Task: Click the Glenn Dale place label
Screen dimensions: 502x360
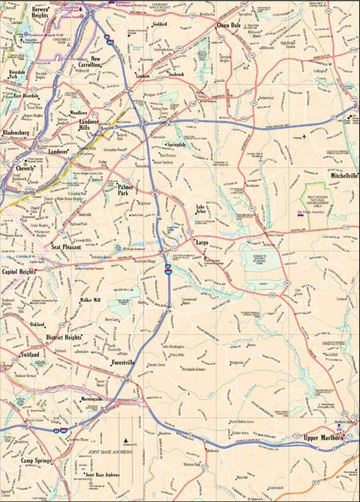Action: [229, 25]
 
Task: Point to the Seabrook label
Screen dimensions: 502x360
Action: [176, 75]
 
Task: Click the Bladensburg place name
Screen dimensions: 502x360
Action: [16, 132]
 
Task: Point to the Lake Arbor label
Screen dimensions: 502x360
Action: [200, 209]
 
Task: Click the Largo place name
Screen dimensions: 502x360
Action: [201, 244]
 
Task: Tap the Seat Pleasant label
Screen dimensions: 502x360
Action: [67, 247]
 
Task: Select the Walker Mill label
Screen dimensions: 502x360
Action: [90, 300]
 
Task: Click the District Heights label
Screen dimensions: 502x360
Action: [63, 337]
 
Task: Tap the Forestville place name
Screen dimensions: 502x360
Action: [122, 363]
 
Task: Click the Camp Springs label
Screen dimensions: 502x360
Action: [36, 460]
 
